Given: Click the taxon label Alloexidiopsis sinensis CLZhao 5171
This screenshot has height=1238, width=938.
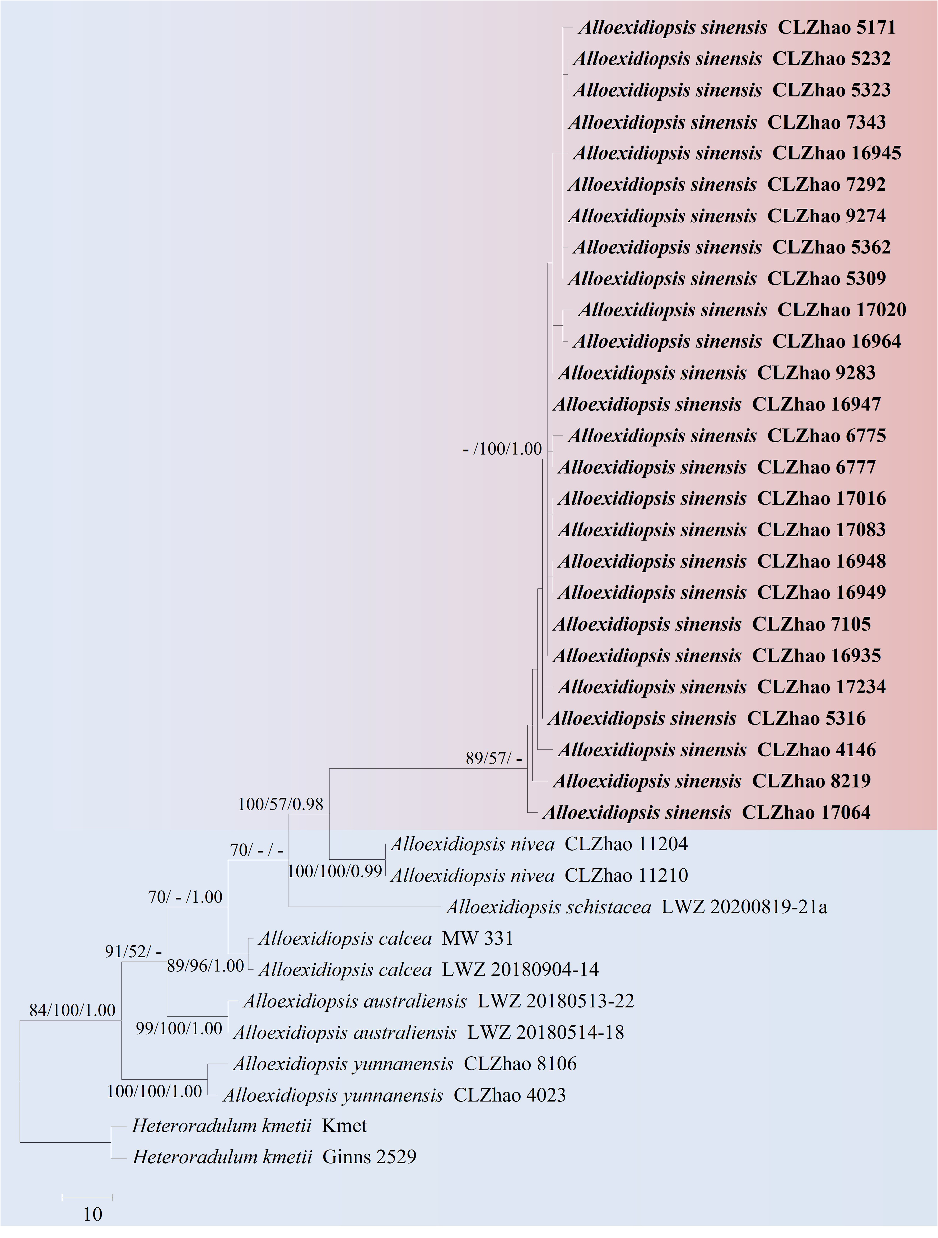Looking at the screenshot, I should tap(736, 27).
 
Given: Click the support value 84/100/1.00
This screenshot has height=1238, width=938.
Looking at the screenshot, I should tap(72, 1010).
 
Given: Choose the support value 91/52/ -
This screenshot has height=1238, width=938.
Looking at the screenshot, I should tap(133, 951).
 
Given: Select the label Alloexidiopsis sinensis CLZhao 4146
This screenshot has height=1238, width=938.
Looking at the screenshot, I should tap(716, 750).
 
